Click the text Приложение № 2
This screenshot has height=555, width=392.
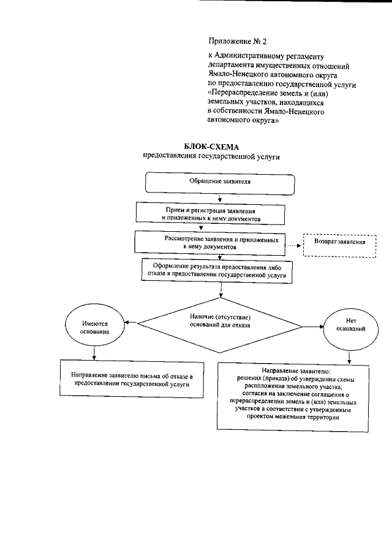(238, 42)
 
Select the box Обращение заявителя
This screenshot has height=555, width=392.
(219, 183)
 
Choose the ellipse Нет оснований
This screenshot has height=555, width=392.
(351, 324)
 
